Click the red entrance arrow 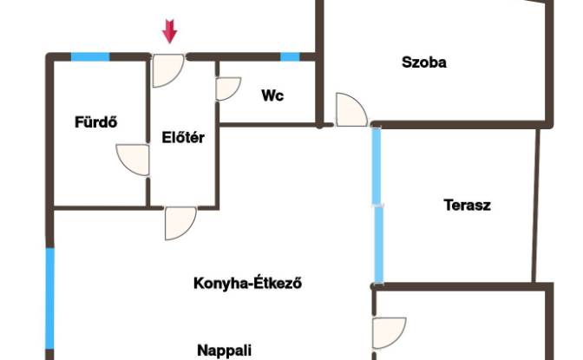(x=169, y=31)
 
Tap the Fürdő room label (x=96, y=122)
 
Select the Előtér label (x=183, y=138)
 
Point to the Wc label (x=272, y=95)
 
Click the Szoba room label (x=424, y=62)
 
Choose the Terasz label (x=467, y=205)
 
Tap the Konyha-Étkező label (x=247, y=284)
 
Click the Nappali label (x=224, y=350)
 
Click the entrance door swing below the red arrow (x=168, y=70)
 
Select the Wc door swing (x=228, y=88)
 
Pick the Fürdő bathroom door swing (x=133, y=160)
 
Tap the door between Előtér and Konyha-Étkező (x=180, y=223)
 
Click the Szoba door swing (x=351, y=109)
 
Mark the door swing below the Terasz (x=390, y=333)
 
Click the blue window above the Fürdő (x=90, y=57)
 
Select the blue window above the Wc (x=290, y=57)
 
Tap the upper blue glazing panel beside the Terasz (x=377, y=166)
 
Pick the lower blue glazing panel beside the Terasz (x=378, y=245)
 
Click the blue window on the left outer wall (x=49, y=298)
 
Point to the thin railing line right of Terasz (x=536, y=206)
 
